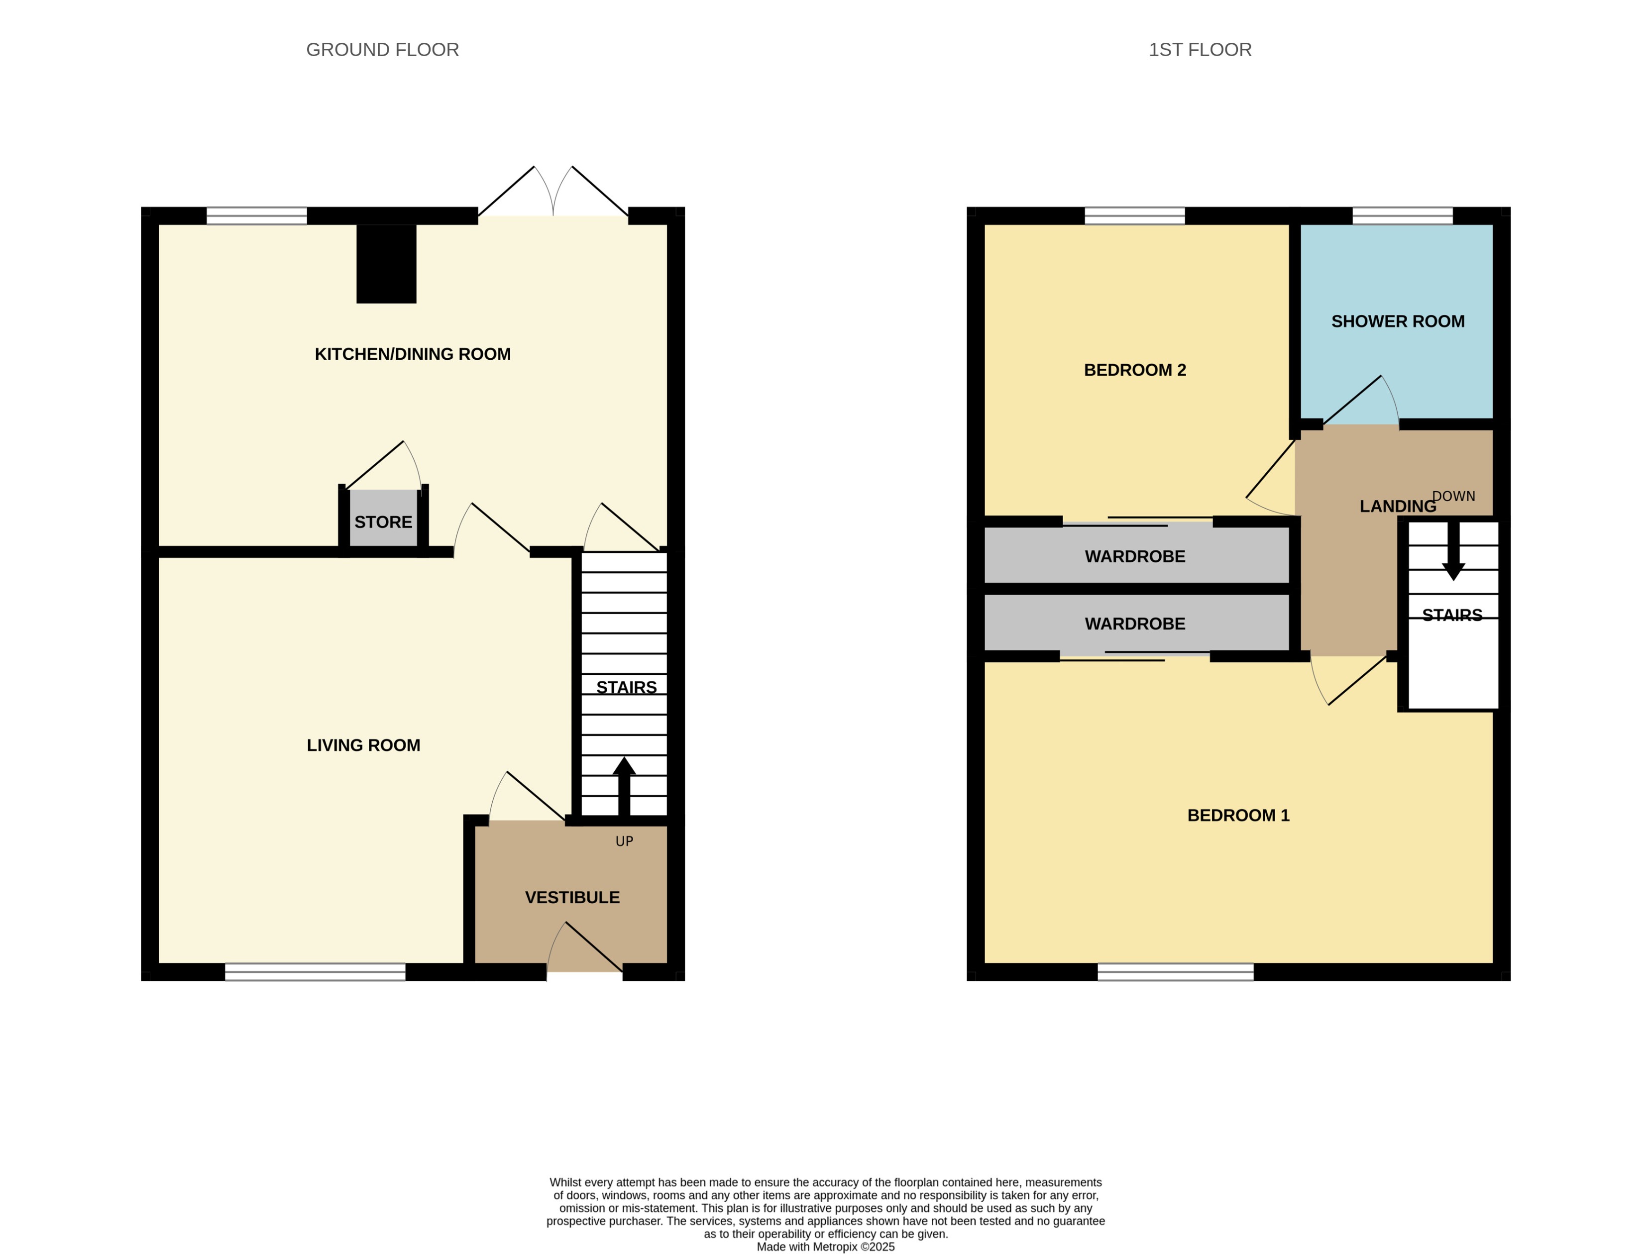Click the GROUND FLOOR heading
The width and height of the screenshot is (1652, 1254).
click(x=382, y=50)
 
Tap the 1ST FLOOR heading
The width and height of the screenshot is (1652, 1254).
click(x=1200, y=50)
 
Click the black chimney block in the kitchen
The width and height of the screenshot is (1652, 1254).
click(x=386, y=264)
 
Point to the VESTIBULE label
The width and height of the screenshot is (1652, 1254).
click(x=572, y=897)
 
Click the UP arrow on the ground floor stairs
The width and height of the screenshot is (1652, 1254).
click(x=624, y=784)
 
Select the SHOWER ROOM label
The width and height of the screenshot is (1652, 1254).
click(x=1397, y=321)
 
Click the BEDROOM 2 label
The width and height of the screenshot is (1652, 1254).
click(x=1134, y=370)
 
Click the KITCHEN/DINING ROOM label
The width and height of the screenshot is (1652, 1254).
click(x=412, y=354)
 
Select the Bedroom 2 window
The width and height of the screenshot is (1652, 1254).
click(x=1134, y=216)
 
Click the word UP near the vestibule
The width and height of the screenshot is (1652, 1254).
click(x=624, y=841)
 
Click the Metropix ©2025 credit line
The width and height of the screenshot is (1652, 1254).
click(x=825, y=1246)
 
